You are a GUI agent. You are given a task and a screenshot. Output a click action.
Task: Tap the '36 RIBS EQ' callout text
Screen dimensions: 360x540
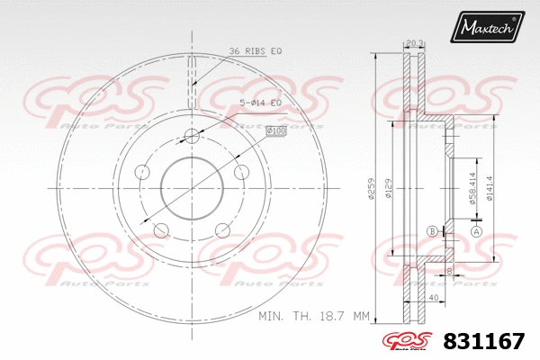[x=256, y=51]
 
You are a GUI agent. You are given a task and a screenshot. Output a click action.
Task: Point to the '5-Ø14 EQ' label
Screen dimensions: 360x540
[x=261, y=103]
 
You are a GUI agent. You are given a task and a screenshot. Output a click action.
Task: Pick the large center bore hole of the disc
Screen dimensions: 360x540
[x=192, y=185]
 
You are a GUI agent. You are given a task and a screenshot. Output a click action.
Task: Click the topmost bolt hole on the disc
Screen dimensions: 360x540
[x=192, y=136]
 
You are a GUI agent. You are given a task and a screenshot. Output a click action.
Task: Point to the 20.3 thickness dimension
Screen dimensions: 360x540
[x=415, y=42]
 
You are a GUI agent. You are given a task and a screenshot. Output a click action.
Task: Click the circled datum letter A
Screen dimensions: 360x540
[x=477, y=231]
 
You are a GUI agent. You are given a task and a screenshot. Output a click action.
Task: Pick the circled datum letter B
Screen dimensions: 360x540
[x=433, y=231]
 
